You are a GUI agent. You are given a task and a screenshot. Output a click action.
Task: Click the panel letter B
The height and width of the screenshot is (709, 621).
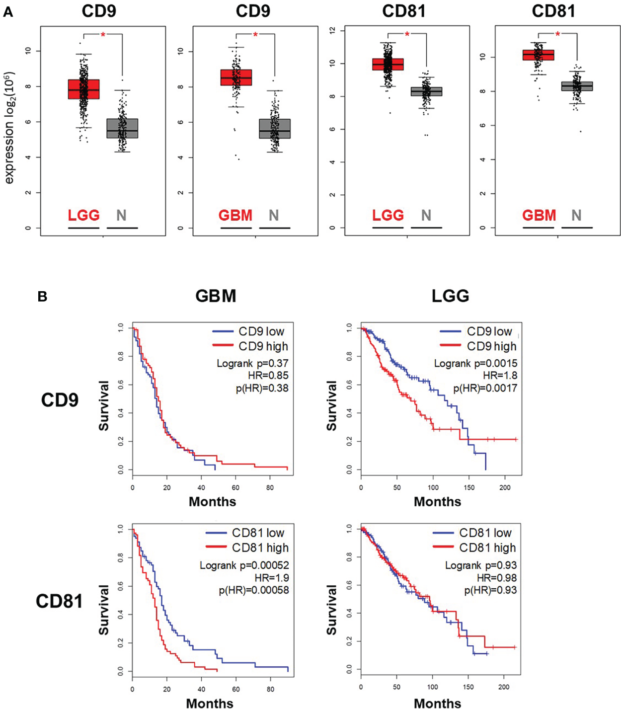tap(43, 297)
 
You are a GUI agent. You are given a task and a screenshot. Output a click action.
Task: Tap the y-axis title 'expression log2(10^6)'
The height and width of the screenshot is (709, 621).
tap(9, 128)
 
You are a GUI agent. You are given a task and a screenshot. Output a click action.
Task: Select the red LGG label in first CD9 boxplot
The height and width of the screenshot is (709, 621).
tap(84, 215)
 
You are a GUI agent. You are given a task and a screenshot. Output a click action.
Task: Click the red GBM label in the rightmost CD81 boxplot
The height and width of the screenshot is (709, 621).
tap(539, 215)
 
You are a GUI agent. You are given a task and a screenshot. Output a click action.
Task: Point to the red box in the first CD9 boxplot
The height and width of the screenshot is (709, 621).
tap(84, 89)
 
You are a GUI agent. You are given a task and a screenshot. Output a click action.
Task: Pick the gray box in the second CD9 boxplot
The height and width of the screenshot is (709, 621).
tap(275, 129)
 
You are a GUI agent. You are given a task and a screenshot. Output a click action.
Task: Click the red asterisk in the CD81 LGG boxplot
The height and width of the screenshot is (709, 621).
tap(407, 34)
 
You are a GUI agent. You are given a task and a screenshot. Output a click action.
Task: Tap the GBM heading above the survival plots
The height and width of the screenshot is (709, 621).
tap(216, 296)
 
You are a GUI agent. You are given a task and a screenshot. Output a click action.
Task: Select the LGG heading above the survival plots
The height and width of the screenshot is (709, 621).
tap(450, 296)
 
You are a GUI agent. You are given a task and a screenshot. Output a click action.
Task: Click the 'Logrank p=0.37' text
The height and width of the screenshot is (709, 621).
tap(252, 363)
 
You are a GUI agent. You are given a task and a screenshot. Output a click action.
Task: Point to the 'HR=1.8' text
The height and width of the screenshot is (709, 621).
tap(500, 376)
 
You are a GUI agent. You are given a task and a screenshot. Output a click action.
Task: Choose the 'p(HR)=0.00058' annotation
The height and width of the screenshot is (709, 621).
tap(253, 590)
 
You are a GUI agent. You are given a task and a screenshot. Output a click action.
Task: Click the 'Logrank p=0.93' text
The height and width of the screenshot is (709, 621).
tap(480, 565)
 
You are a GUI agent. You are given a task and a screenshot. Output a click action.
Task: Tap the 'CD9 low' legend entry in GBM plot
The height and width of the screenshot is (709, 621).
tap(261, 331)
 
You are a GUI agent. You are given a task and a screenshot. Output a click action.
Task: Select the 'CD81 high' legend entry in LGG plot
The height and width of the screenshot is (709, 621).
tap(487, 548)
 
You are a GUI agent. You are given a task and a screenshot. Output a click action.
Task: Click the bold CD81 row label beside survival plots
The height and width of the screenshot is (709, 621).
tap(59, 601)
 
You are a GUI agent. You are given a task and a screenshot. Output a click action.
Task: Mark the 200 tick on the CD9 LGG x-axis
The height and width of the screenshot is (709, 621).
tap(505, 487)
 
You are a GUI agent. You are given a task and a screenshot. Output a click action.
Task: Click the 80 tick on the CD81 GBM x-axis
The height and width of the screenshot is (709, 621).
tap(270, 689)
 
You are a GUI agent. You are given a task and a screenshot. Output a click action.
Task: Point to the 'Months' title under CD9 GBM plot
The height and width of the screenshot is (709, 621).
tap(212, 501)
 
